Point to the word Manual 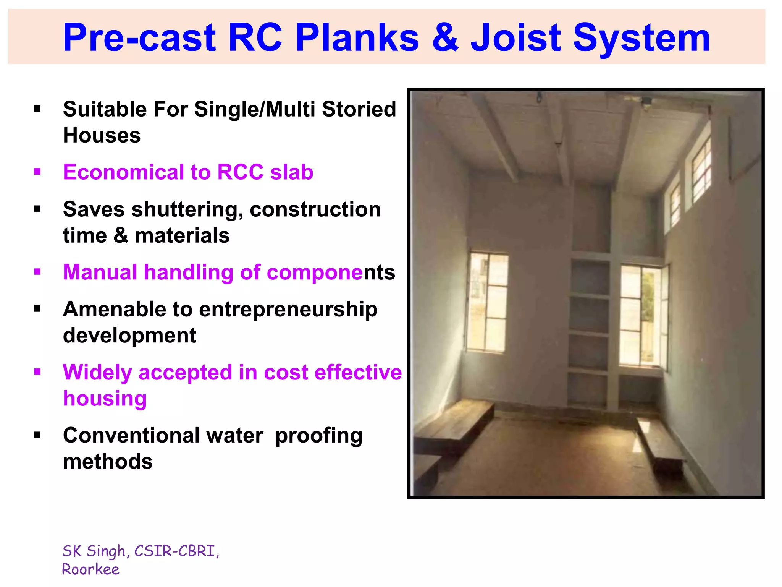(x=100, y=272)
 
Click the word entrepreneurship (x=288, y=309)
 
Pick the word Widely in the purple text (x=97, y=372)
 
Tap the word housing (x=105, y=399)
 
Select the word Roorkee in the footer (x=90, y=569)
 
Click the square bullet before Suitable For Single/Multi (x=37, y=109)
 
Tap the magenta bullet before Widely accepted (x=37, y=372)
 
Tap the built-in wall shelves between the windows (x=589, y=332)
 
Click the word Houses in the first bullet (x=102, y=136)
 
